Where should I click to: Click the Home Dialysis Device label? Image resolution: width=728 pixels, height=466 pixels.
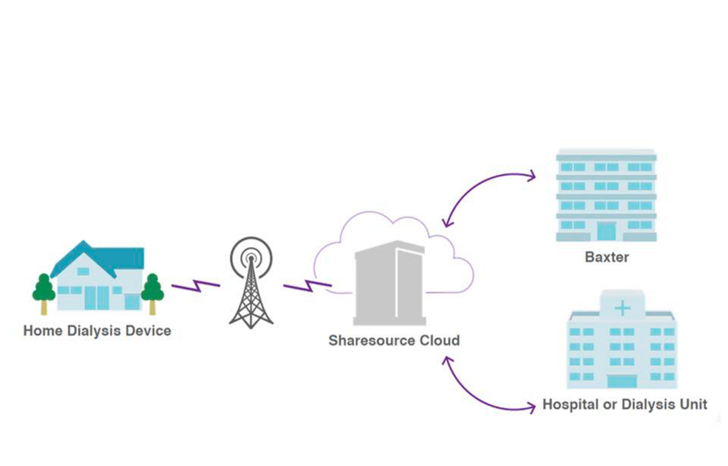97,331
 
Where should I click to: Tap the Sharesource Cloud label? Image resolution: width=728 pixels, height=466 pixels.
394,340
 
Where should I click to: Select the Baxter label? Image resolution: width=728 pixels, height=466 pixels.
607,257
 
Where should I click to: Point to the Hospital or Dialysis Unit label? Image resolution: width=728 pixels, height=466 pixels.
625,405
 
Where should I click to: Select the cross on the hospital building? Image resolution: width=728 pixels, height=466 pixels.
622,308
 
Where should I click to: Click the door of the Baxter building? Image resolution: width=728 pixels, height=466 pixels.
607,231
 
